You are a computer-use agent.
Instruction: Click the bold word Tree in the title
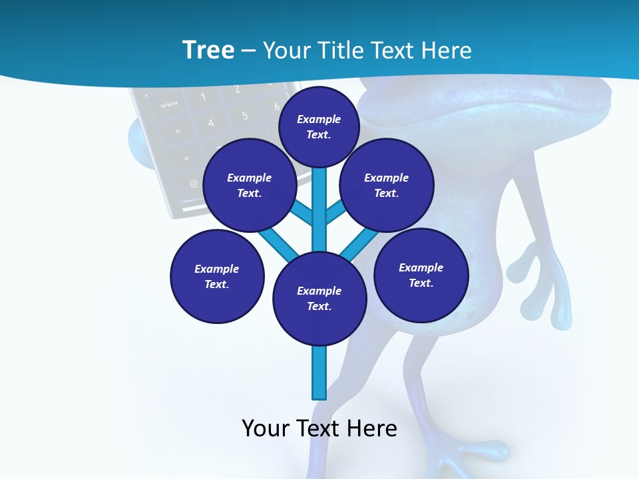coord(208,50)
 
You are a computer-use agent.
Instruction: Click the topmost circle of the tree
coord(319,126)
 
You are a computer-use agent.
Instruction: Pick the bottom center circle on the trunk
coord(319,299)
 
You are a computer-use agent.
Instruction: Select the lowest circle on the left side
coord(217,277)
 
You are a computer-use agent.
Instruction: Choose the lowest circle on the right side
coord(421,275)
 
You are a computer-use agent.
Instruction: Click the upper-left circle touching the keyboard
coord(249,185)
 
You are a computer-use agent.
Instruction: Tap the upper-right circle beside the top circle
coord(386,185)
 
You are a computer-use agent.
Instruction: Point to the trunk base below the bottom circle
coord(319,376)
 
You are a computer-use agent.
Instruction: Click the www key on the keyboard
coord(169,104)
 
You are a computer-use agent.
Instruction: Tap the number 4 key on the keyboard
coord(210,122)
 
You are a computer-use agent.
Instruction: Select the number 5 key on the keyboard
coord(244,116)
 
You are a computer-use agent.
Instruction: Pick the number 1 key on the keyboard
coord(203,97)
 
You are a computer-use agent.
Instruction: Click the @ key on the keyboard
coord(194,183)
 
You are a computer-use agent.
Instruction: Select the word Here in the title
coord(445,51)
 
